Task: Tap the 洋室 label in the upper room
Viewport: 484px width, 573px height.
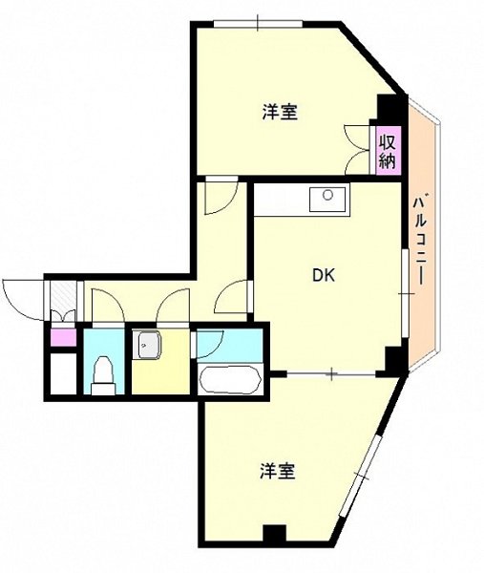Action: click(x=281, y=112)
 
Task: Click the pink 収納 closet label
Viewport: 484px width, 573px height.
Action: click(x=387, y=151)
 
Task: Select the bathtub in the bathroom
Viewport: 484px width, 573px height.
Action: click(x=228, y=381)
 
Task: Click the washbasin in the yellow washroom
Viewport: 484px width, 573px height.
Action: click(x=147, y=346)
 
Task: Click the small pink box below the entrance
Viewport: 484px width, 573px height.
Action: click(x=62, y=336)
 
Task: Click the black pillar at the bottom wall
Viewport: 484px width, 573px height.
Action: click(x=275, y=536)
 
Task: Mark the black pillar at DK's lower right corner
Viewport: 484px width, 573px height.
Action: click(x=391, y=362)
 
